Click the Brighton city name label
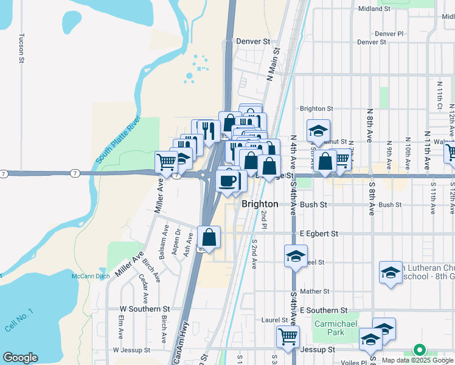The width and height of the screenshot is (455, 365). click(x=260, y=204)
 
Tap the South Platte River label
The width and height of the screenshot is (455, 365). click(x=118, y=139)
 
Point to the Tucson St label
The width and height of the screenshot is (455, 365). click(x=21, y=47)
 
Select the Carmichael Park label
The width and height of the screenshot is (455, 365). click(x=329, y=328)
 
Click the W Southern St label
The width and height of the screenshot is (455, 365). click(x=145, y=310)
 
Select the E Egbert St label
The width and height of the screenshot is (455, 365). click(x=318, y=234)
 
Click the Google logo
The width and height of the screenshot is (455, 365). click(x=20, y=358)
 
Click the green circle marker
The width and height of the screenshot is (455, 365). click(x=419, y=350)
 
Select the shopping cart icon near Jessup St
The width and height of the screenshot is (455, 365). click(x=288, y=335)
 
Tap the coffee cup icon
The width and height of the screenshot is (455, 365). click(x=227, y=181)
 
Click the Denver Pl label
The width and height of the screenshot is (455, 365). click(x=389, y=34)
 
